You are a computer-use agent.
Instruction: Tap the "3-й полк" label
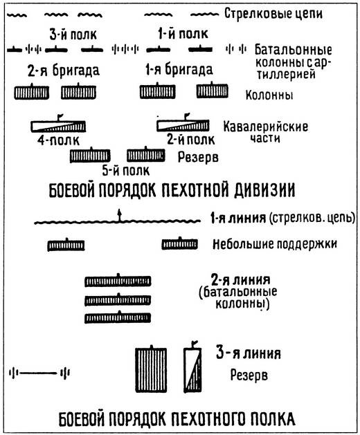[x=66, y=33]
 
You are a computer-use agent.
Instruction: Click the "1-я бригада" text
[x=176, y=70]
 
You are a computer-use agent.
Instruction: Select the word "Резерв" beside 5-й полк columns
[x=198, y=156]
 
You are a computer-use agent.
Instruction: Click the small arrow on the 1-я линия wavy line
[x=119, y=215]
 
